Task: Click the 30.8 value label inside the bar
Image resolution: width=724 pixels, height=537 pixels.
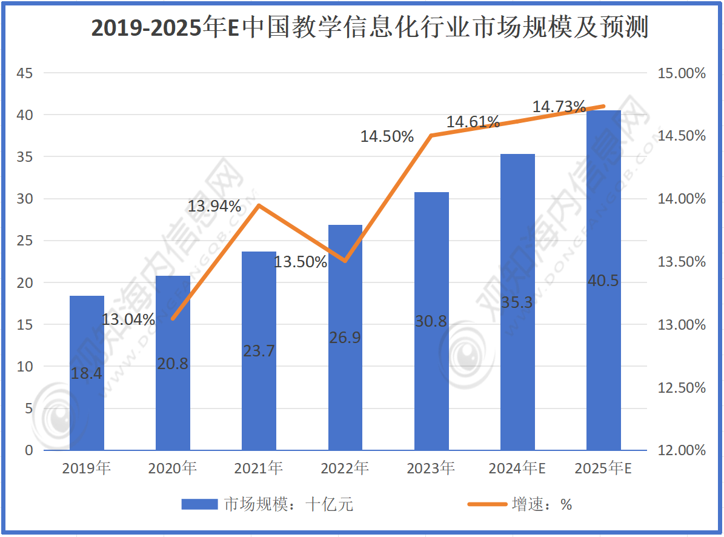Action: tap(431, 321)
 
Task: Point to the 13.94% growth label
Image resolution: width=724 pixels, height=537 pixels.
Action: tap(214, 206)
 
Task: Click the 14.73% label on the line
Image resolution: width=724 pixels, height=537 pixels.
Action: tap(559, 107)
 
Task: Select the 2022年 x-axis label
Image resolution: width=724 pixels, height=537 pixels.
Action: tap(345, 468)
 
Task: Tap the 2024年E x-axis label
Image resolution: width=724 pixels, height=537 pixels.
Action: tap(517, 468)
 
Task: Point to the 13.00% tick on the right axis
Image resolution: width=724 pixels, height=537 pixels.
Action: tap(682, 325)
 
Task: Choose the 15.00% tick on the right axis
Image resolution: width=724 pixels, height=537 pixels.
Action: tap(682, 73)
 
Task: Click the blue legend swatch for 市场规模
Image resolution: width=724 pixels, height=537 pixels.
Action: tap(199, 504)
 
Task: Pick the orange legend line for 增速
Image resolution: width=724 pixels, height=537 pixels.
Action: tap(488, 504)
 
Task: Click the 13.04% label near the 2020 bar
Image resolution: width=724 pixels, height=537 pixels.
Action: tap(128, 319)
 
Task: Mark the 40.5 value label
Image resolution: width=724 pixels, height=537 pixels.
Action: tap(603, 281)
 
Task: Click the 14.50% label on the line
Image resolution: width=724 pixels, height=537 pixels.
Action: tap(387, 136)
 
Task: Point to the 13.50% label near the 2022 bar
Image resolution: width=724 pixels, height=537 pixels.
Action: tap(301, 262)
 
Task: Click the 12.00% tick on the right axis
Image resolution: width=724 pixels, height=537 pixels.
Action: tap(682, 450)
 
